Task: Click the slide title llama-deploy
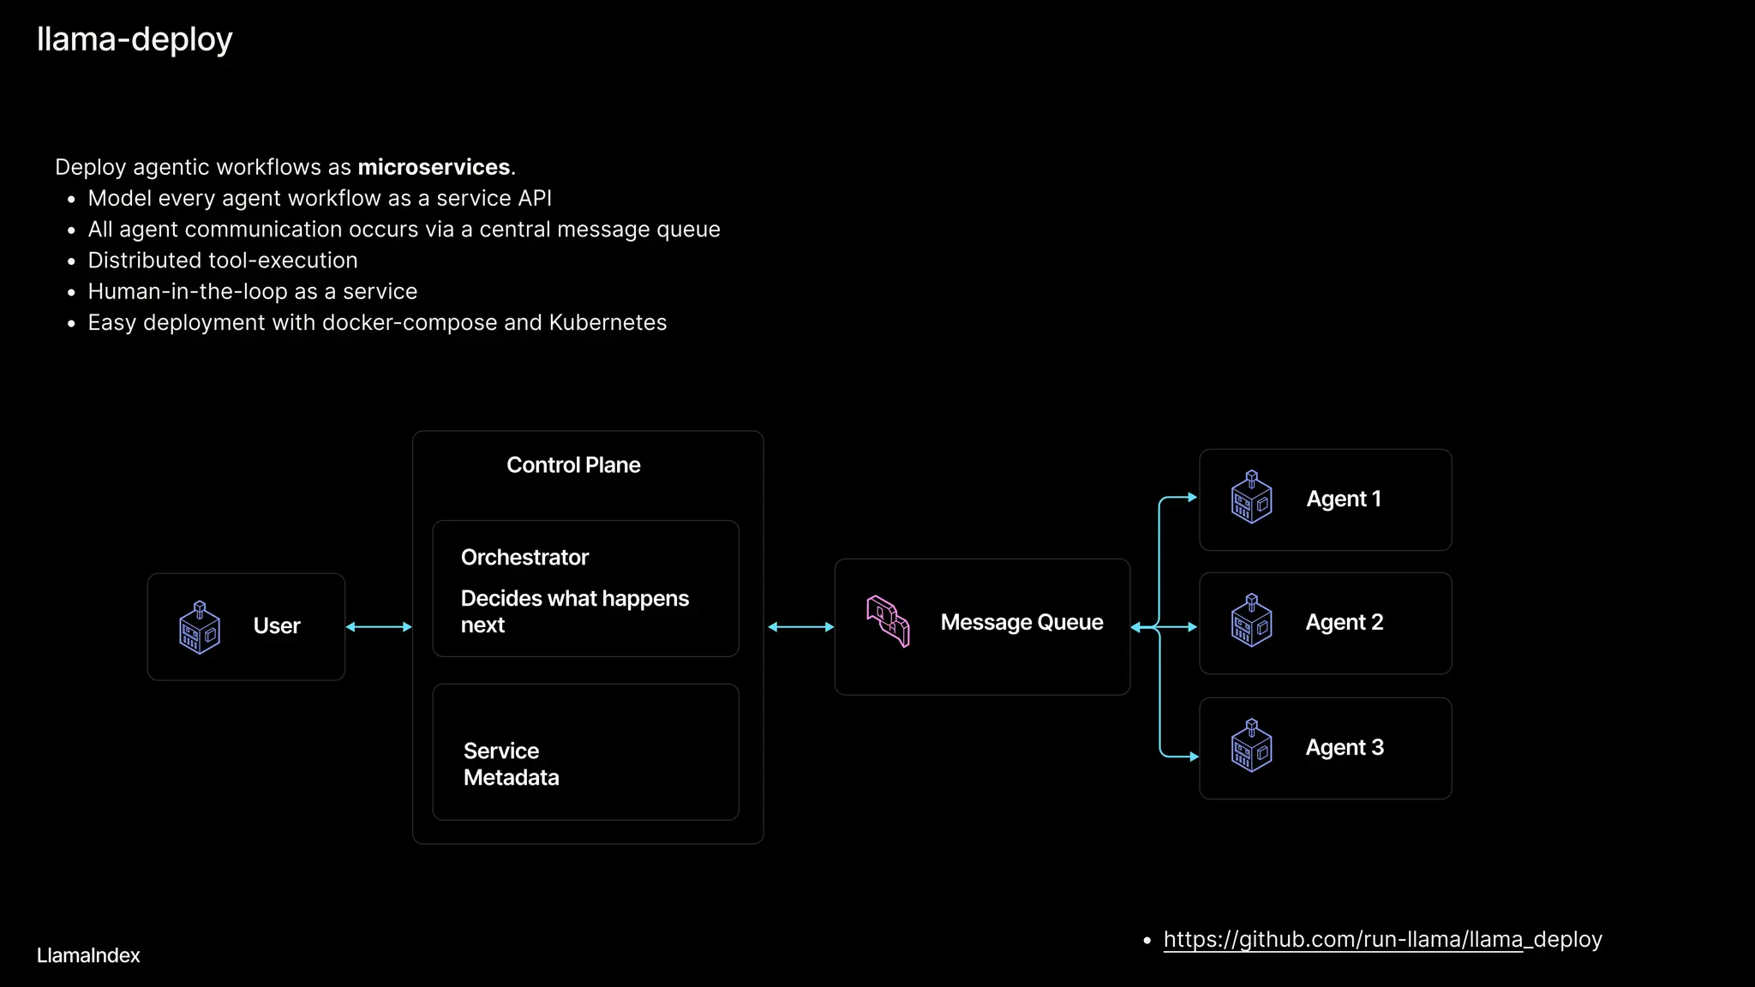click(135, 39)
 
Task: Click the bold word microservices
click(434, 167)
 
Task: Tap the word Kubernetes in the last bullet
click(608, 323)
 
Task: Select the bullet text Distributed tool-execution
click(223, 260)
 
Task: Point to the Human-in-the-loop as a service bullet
click(253, 292)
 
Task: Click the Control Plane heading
click(573, 465)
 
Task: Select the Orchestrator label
click(524, 558)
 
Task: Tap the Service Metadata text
click(511, 764)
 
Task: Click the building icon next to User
click(200, 627)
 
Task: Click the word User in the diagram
click(277, 626)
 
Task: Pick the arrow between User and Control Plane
click(379, 627)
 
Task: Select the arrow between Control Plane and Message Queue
click(800, 627)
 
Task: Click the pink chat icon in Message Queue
click(888, 622)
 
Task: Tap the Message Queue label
click(1021, 623)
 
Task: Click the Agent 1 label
click(1343, 499)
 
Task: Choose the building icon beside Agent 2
click(1251, 621)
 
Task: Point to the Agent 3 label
click(1344, 748)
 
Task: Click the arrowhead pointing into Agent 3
click(1194, 757)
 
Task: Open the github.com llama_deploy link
click(1382, 940)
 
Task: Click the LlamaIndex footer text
click(88, 956)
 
